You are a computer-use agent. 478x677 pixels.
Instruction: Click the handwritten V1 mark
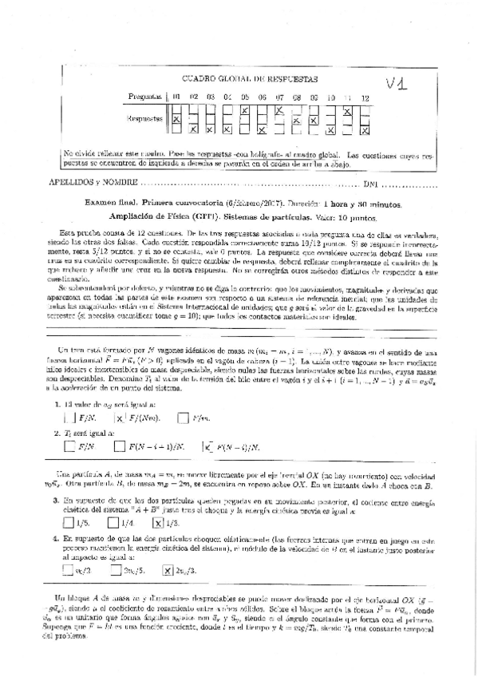click(x=398, y=85)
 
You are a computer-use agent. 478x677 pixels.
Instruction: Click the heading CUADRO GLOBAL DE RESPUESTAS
click(x=251, y=78)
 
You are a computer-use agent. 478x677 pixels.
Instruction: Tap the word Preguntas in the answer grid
click(x=145, y=97)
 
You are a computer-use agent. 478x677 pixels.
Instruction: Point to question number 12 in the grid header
click(x=365, y=97)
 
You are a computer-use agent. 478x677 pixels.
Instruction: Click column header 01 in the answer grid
click(x=176, y=97)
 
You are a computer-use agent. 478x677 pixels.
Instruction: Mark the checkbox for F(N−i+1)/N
click(x=120, y=446)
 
